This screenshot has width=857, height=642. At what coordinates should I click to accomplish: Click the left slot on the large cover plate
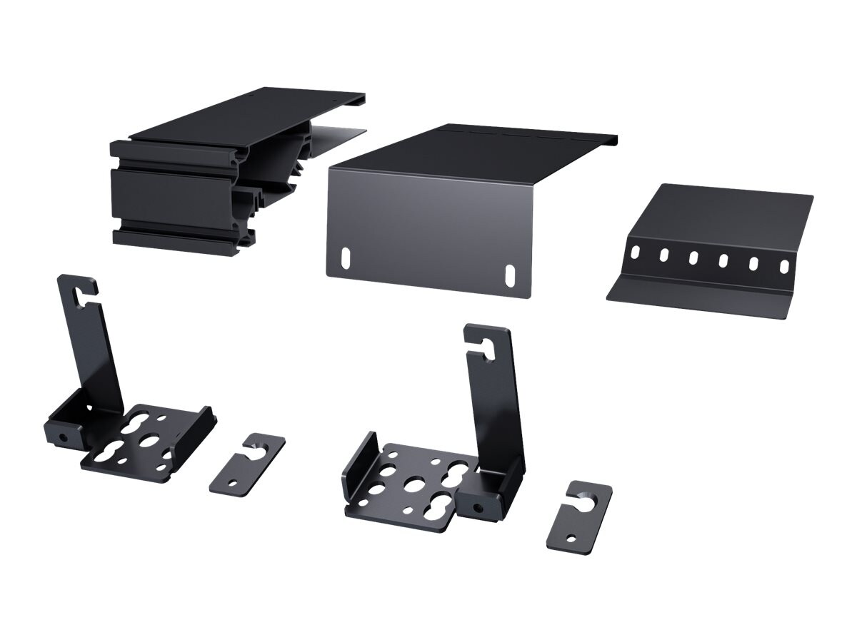pyautogui.click(x=346, y=256)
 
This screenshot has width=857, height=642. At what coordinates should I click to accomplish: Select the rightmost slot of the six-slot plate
pyautogui.click(x=783, y=265)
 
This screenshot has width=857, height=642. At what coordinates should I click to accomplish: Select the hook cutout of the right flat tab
pyautogui.click(x=591, y=500)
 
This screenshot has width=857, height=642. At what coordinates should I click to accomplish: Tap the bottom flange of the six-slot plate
pyautogui.click(x=700, y=296)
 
